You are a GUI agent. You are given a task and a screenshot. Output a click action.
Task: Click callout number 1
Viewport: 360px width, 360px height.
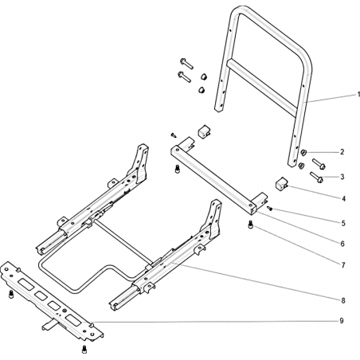click(358, 95)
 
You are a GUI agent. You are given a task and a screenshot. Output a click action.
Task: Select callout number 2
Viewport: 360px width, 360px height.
click(342, 152)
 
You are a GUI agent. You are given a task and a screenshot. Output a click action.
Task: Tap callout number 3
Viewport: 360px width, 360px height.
click(342, 177)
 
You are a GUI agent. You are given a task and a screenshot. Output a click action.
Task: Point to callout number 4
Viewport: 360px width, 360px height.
click(343, 198)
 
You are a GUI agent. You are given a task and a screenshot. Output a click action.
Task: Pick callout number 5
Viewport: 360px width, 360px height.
click(343, 224)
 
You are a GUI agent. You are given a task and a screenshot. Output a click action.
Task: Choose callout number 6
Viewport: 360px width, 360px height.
click(342, 244)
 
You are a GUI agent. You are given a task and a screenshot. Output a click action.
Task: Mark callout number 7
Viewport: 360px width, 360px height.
click(343, 265)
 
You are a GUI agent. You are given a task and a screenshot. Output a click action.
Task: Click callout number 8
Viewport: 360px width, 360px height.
click(343, 300)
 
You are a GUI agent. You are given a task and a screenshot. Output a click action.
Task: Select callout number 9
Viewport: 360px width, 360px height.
click(342, 321)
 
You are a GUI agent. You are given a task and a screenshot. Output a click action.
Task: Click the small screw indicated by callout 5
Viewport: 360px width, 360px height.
click(269, 209)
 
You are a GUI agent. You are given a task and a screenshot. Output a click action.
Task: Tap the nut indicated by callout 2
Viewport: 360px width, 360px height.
click(303, 152)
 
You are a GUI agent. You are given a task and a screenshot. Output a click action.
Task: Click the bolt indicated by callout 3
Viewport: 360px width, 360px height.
click(316, 178)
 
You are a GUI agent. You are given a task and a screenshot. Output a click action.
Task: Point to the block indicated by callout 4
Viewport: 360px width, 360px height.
click(280, 184)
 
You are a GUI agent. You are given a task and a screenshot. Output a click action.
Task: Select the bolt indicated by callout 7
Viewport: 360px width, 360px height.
click(250, 225)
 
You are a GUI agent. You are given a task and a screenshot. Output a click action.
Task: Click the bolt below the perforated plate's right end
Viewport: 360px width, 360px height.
click(84, 350)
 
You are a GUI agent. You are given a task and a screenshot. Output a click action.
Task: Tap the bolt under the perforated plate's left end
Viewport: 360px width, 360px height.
click(11, 294)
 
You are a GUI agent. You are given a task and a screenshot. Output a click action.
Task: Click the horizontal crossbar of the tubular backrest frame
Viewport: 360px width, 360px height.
click(261, 88)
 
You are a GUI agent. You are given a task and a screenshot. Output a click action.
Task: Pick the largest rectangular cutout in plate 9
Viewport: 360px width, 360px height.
click(25, 284)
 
